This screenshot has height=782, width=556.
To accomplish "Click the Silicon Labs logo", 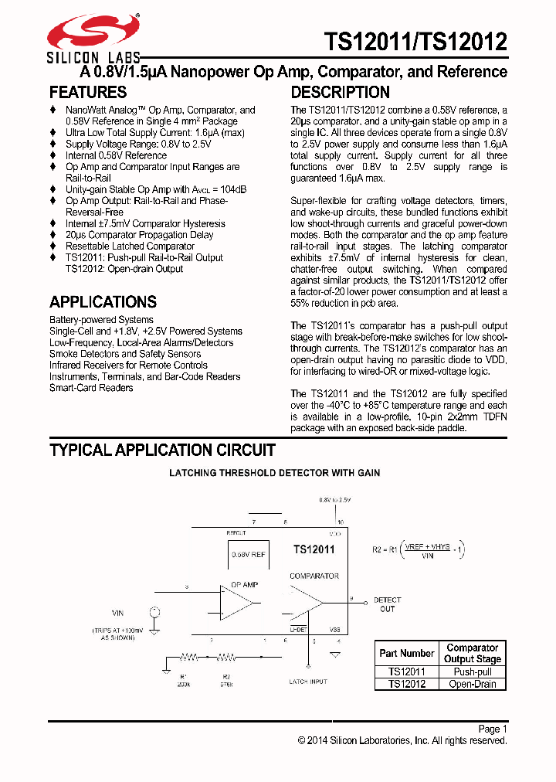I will (93, 38).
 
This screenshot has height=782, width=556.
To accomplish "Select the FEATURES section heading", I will (88, 92).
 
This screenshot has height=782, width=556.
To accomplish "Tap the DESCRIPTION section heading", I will (341, 92).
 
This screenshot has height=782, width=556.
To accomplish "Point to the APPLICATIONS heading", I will (103, 302).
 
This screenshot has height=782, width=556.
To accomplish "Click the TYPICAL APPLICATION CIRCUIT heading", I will (162, 450).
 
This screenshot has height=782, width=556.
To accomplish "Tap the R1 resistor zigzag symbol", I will (189, 658).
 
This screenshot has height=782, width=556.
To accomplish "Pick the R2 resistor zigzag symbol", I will (226, 658).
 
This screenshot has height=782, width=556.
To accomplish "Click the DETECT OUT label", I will (387, 604).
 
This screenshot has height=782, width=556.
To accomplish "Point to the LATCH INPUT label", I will (307, 682).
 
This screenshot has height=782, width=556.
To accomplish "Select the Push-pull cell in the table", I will (472, 672).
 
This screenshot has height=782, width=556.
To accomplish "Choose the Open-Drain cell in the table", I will (472, 684).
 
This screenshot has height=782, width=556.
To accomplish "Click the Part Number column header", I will (407, 653).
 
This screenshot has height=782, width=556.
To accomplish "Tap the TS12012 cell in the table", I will (407, 684).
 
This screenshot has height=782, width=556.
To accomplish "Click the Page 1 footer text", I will (492, 729).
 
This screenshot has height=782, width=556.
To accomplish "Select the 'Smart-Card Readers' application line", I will (91, 388).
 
